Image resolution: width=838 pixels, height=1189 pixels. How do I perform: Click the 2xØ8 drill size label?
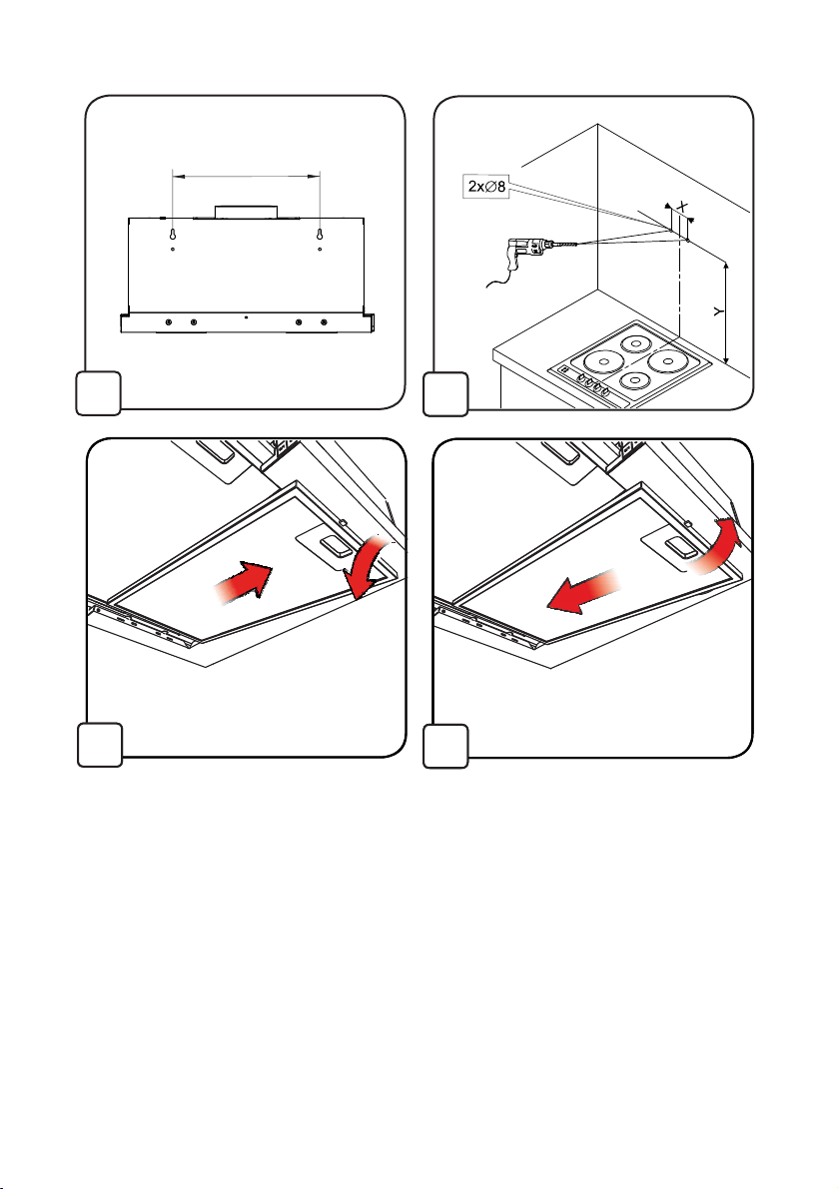[486, 186]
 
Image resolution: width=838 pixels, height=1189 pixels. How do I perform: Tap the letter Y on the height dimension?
[718, 310]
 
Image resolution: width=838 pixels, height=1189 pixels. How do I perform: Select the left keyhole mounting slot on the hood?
[173, 234]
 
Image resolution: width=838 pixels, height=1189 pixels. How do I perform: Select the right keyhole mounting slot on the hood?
[320, 234]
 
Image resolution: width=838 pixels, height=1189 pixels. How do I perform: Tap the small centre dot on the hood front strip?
[247, 316]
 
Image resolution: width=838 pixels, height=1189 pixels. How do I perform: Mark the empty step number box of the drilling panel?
[445, 392]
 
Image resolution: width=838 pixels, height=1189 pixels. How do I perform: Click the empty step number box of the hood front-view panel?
[99, 392]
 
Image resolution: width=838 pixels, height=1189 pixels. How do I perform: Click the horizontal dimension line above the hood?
[247, 176]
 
